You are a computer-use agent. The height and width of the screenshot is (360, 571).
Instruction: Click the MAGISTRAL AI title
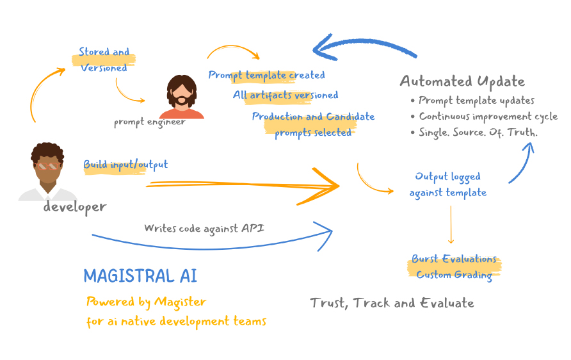point(140,276)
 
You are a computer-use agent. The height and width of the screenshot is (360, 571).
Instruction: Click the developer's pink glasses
point(48,166)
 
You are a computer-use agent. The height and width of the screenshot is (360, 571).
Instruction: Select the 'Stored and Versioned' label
point(104,60)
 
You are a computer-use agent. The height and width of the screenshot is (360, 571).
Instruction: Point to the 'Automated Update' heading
point(462,81)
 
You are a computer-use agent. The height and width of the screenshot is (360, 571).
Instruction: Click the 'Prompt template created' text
point(266,75)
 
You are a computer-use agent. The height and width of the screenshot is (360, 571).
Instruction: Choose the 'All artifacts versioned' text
point(285,95)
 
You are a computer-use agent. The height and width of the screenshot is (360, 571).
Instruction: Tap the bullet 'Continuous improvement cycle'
point(488,117)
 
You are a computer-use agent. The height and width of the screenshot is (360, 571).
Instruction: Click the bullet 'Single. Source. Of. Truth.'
point(478,133)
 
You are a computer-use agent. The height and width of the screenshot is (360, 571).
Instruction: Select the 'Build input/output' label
point(125,165)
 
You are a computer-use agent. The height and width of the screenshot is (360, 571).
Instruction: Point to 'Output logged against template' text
point(447,184)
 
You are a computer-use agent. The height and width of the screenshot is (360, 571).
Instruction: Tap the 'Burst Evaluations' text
point(454,259)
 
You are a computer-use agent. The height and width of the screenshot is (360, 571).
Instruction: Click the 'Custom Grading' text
point(454,275)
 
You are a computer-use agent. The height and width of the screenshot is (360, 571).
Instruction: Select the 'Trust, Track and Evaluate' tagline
point(392,303)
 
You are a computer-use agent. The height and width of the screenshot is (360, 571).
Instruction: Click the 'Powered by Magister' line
point(147,302)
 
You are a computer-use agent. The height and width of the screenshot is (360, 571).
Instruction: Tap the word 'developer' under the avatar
point(75,207)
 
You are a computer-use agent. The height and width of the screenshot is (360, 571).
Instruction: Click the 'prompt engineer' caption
point(150,122)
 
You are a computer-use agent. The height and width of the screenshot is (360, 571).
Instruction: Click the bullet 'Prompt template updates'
point(476,101)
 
